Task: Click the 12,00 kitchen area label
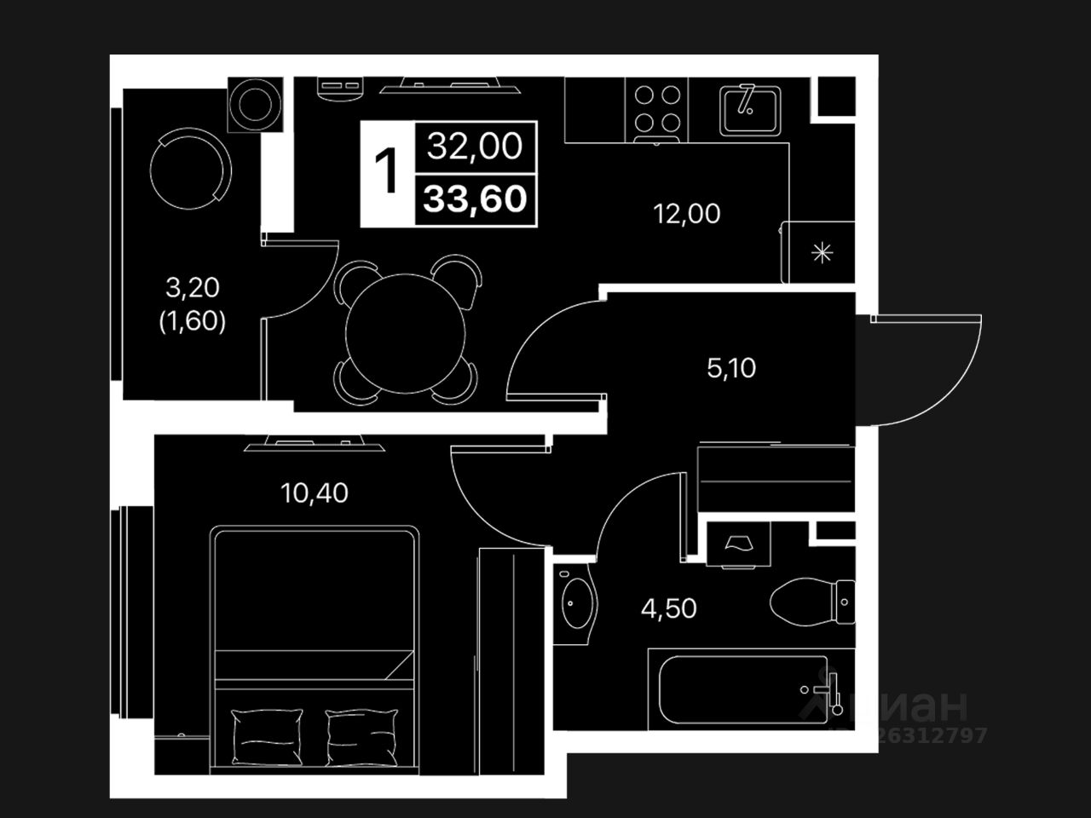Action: [686, 214]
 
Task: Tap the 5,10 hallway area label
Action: [731, 368]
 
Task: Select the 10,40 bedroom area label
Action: [315, 493]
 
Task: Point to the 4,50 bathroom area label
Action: [669, 608]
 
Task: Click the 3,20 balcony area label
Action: [193, 288]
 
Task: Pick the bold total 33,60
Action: [476, 199]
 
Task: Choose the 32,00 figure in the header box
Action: [475, 147]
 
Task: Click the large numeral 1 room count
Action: [388, 171]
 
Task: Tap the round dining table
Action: [407, 333]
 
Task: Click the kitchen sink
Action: [750, 108]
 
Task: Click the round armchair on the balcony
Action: [188, 168]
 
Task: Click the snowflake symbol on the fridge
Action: [822, 252]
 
